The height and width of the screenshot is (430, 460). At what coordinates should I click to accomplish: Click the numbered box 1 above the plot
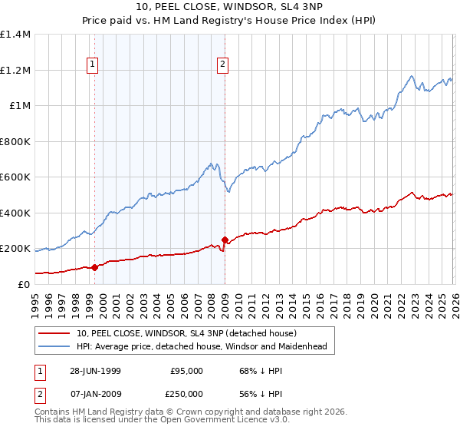[x=92, y=65]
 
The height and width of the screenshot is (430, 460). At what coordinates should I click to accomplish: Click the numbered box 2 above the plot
[x=222, y=65]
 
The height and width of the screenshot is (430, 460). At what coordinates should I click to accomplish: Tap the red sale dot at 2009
[x=225, y=240]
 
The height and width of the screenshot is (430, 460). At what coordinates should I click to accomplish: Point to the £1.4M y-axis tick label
[x=15, y=35]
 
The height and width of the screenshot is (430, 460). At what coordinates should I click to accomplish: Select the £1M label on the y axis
[x=19, y=106]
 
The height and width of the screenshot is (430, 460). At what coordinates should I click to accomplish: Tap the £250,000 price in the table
[x=186, y=394]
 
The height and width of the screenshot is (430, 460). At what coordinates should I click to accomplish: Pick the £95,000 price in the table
[x=186, y=371]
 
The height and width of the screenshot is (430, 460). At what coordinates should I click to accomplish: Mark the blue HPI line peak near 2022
[x=412, y=75]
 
